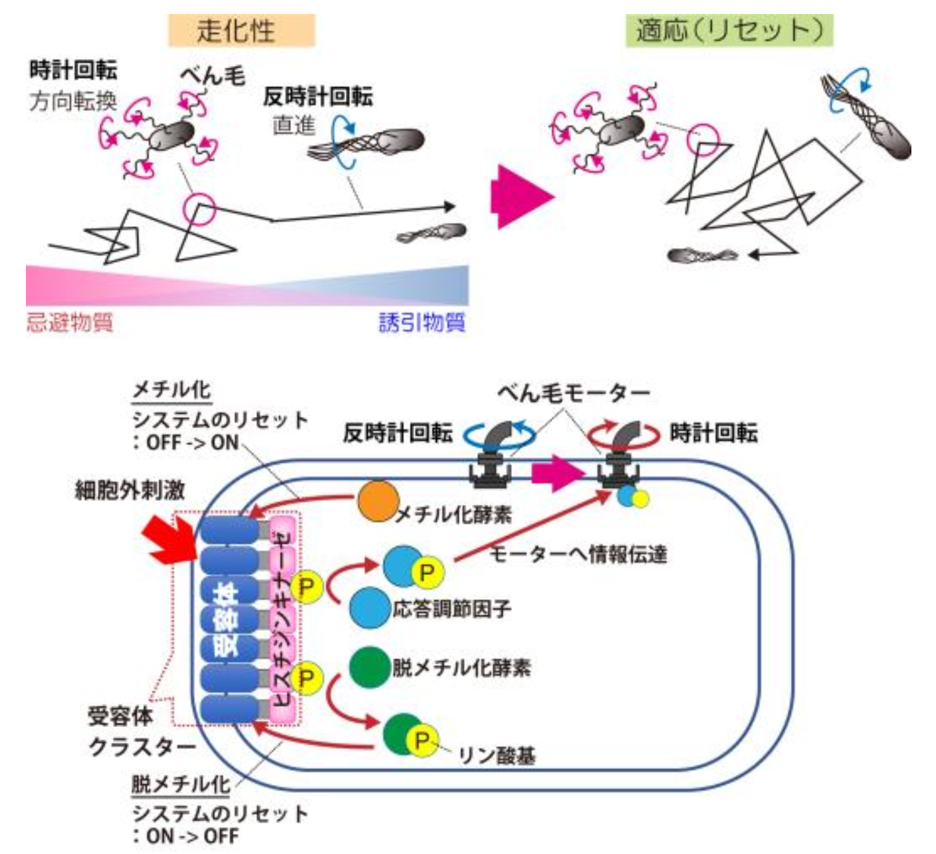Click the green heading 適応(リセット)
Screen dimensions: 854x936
tap(729, 31)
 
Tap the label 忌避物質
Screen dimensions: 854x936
tap(70, 323)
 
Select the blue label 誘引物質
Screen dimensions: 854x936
tap(422, 323)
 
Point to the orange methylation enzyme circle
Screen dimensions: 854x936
tap(378, 501)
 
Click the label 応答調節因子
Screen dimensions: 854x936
tap(452, 609)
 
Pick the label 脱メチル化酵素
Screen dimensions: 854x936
tap(461, 668)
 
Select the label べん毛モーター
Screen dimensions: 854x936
tap(573, 394)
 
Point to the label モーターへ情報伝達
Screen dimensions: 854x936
tap(578, 553)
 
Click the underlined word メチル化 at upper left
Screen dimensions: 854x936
tap(171, 390)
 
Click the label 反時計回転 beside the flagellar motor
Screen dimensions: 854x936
tap(397, 434)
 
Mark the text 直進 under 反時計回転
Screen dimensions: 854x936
tap(294, 125)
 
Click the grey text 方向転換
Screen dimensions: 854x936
tap(73, 101)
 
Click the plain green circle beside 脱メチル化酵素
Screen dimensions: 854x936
tap(369, 666)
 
